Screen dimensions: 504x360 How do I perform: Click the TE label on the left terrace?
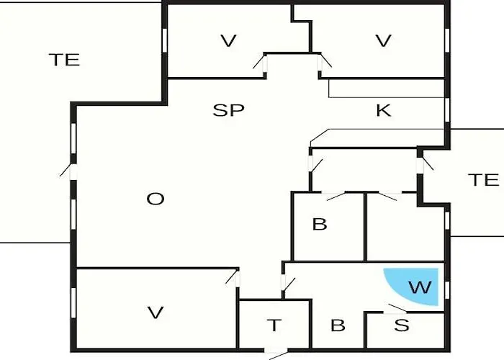click(64, 60)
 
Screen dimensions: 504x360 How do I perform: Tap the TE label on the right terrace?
click(483, 180)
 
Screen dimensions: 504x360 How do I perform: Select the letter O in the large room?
click(156, 199)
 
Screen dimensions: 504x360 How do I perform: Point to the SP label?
click(228, 110)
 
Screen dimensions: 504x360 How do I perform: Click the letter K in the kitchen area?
click(384, 110)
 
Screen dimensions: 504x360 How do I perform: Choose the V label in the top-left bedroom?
click(228, 41)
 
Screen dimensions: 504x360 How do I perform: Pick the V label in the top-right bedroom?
click(384, 41)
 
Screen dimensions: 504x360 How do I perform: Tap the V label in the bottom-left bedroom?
click(156, 312)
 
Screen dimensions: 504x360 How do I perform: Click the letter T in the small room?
click(274, 325)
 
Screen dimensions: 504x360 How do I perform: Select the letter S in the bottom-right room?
click(402, 325)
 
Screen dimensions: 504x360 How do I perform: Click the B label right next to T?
click(338, 325)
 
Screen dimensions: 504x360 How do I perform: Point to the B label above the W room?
click(320, 224)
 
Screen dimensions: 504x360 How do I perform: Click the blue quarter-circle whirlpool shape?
click(418, 286)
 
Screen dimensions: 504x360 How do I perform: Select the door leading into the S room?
click(395, 309)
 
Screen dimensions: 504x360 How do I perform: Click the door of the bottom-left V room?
click(234, 279)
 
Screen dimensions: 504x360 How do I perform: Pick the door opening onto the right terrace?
click(425, 164)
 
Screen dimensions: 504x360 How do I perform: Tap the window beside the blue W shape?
click(447, 290)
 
